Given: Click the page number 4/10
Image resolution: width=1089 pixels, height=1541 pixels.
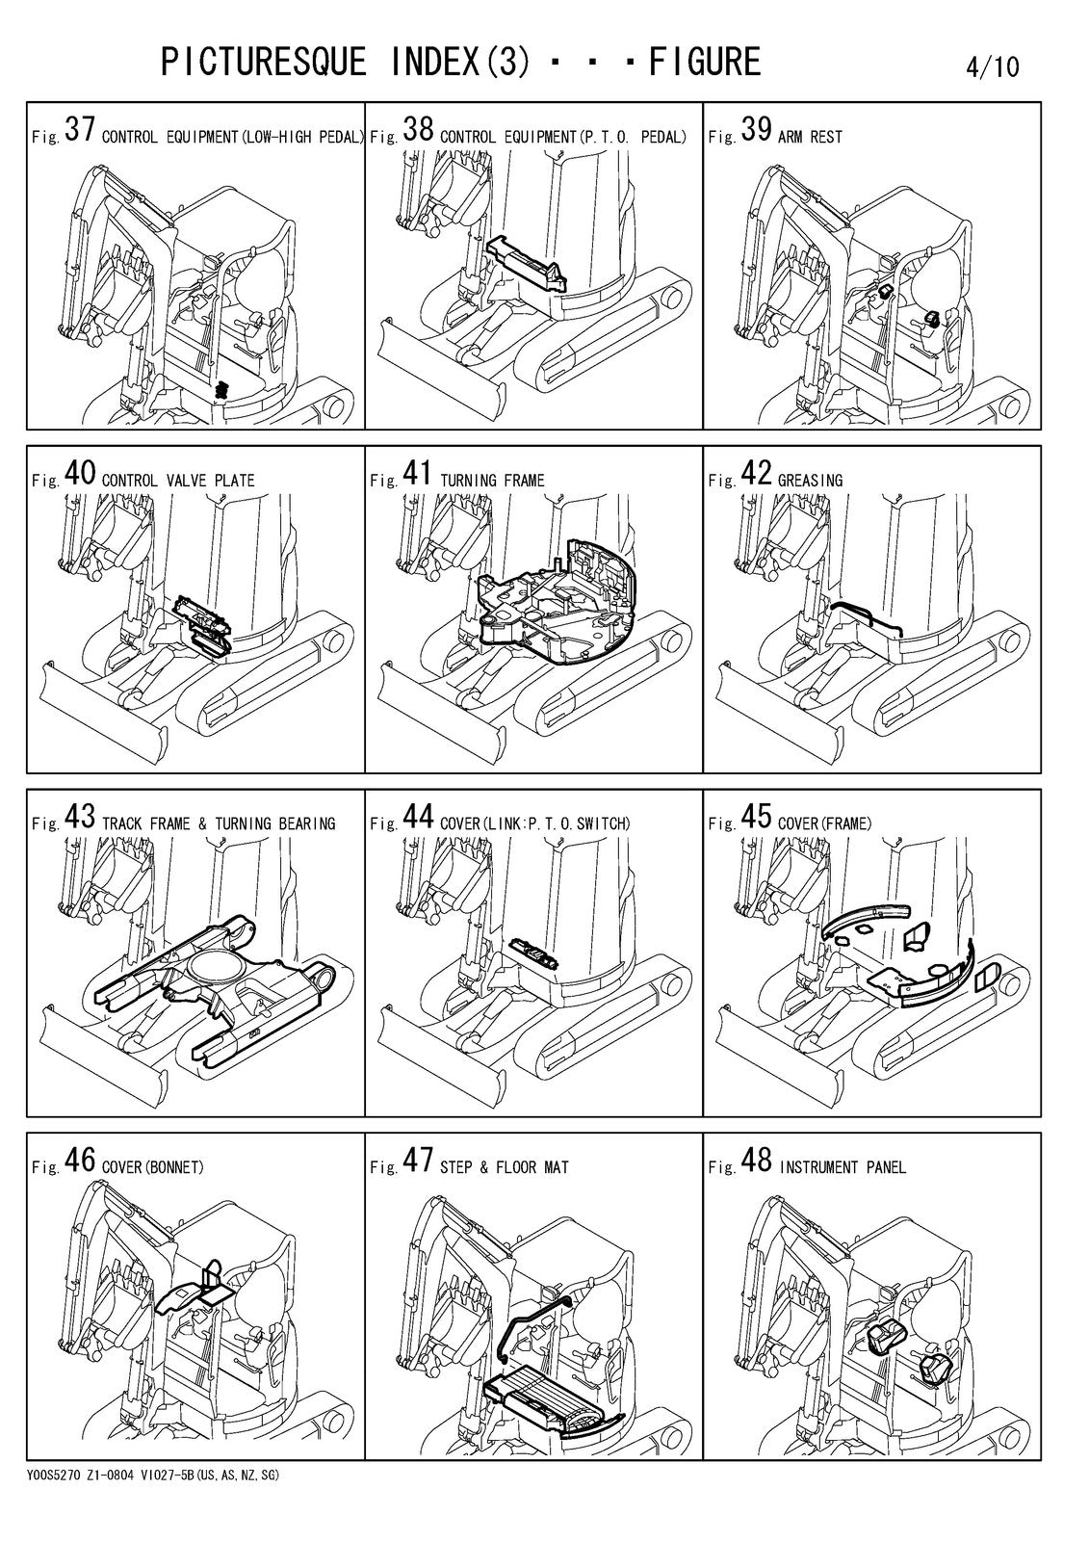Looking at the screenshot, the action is point(992,66).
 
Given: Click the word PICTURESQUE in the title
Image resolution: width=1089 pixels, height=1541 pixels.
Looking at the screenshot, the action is point(264,62).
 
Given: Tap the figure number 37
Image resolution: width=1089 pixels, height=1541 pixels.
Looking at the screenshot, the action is point(79,129).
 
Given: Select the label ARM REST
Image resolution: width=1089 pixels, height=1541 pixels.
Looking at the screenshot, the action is point(810,137).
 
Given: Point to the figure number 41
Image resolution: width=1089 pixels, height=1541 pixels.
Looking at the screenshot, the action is point(417,473).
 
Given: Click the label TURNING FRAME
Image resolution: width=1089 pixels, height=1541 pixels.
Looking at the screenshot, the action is point(492,481).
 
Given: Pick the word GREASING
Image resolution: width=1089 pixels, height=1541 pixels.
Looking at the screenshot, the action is point(810,481).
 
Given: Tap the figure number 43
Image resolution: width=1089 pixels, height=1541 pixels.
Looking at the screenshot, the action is point(79,817).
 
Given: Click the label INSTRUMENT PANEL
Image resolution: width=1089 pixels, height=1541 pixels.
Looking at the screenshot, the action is point(843,1167).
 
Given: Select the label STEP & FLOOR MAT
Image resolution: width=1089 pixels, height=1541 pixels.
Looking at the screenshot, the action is point(505,1167).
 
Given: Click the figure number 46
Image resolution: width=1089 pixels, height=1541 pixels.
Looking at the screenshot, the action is point(79,1161).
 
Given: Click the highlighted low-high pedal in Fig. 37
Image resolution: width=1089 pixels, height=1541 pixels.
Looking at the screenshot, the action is point(221,389).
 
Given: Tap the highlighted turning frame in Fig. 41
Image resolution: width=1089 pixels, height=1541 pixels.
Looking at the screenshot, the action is point(558,598).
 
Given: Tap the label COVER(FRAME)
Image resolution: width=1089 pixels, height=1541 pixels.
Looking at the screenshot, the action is point(824,823).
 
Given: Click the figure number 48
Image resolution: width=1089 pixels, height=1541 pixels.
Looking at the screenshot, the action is point(756,1161).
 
